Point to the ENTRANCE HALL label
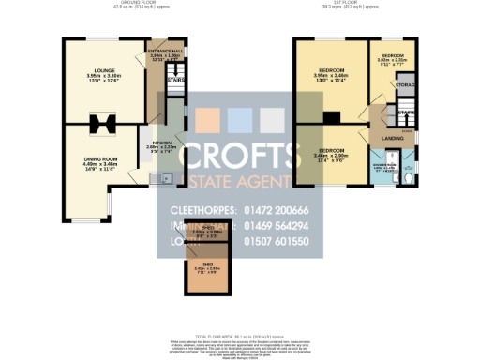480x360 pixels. coord(166,52)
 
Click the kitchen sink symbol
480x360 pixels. coord(165,177)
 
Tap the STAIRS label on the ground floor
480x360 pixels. coord(175,80)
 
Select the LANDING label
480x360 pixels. coord(393,139)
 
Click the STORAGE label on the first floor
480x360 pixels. coord(406,85)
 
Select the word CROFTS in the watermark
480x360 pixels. coord(240,156)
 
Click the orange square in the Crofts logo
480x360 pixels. coord(208,120)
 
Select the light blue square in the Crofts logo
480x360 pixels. coord(240,120)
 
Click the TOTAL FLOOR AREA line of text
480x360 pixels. coord(239,336)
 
